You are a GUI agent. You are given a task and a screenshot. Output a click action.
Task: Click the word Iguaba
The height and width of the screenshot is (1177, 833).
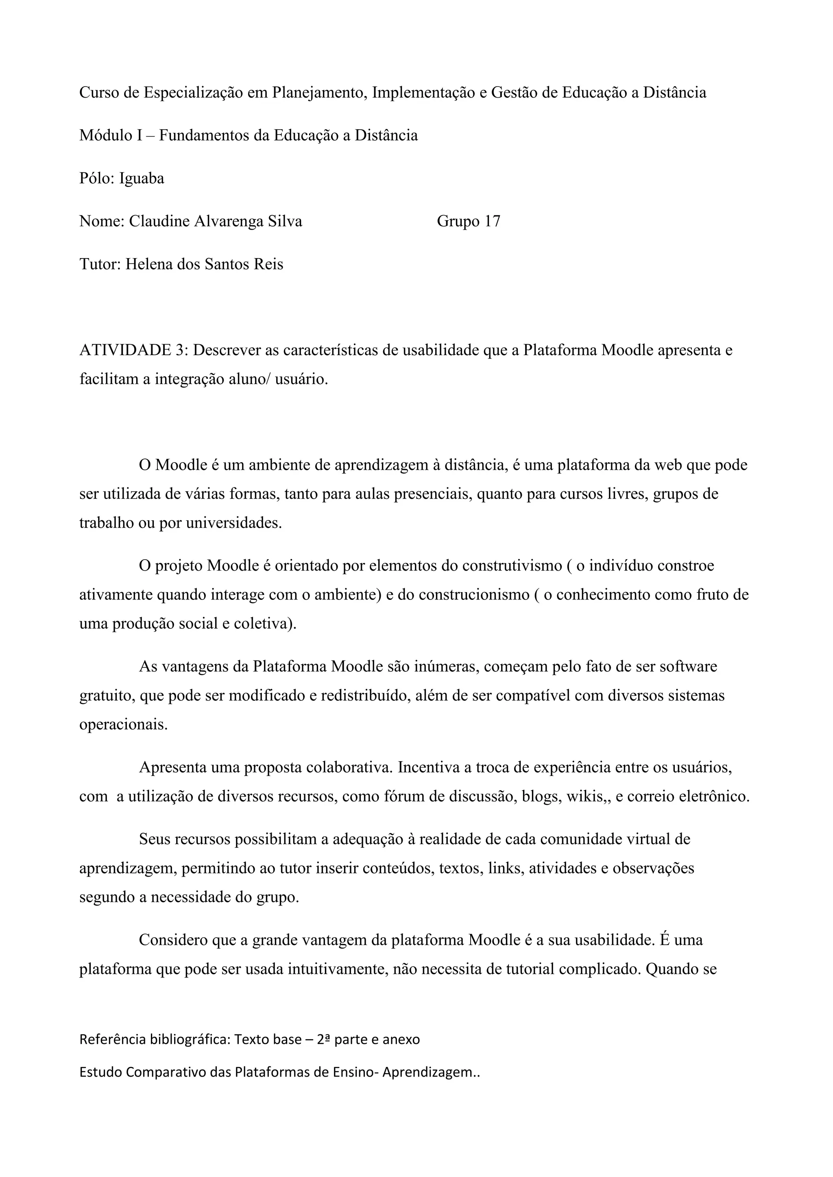coord(142,179)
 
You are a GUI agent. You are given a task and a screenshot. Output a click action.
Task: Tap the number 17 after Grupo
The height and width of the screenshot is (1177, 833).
coord(492,222)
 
